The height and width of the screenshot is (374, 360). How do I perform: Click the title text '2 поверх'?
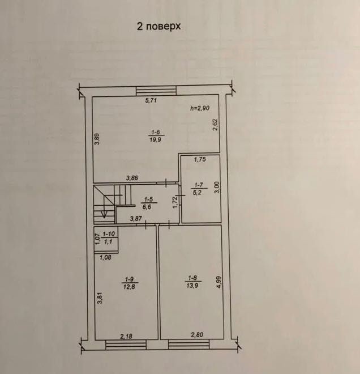158,26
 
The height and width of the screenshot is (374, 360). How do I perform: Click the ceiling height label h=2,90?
200,108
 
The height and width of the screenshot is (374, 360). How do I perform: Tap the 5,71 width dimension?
151,100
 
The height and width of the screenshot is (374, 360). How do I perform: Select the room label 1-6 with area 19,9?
155,136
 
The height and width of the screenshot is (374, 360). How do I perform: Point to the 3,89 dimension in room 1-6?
97,139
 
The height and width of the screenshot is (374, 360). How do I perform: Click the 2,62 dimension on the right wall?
215,125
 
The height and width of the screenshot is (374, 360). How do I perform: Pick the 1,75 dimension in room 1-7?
200,160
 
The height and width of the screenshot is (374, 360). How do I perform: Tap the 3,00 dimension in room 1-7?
217,188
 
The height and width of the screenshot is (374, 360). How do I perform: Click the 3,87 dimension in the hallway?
136,218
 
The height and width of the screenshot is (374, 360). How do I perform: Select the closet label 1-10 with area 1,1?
109,238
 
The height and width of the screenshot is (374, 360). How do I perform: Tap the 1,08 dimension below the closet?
105,257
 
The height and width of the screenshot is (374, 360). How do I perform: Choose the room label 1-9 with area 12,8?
130,283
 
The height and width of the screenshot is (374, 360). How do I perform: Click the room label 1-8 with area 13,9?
192,282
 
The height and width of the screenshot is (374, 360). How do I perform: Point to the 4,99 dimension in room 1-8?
219,282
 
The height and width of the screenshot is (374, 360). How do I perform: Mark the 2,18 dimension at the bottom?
126,337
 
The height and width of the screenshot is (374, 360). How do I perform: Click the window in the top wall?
156,91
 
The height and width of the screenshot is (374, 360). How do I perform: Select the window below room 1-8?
188,345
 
